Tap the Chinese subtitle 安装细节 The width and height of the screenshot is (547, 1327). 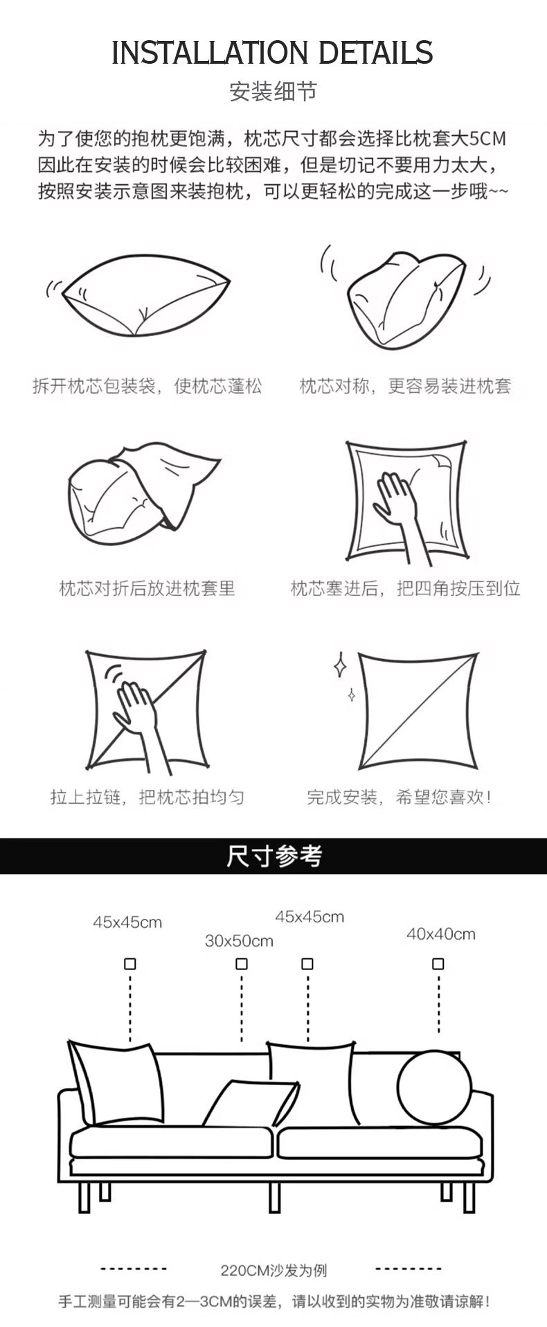tap(273, 91)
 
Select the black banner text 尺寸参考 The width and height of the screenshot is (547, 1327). tap(273, 856)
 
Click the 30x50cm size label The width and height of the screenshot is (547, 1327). tap(239, 941)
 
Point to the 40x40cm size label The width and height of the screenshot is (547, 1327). tap(440, 934)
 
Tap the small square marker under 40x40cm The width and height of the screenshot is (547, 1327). tap(438, 964)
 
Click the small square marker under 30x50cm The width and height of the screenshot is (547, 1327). tap(241, 964)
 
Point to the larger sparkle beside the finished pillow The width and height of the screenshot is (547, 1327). tap(340, 665)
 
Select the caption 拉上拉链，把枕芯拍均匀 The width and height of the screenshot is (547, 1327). tap(147, 797)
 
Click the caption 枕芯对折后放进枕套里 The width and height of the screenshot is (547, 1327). tap(147, 588)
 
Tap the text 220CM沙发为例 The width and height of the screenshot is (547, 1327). tap(273, 1271)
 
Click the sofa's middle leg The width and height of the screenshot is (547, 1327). tap(275, 1197)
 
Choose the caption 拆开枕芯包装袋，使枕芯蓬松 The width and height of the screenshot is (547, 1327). tap(147, 386)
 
